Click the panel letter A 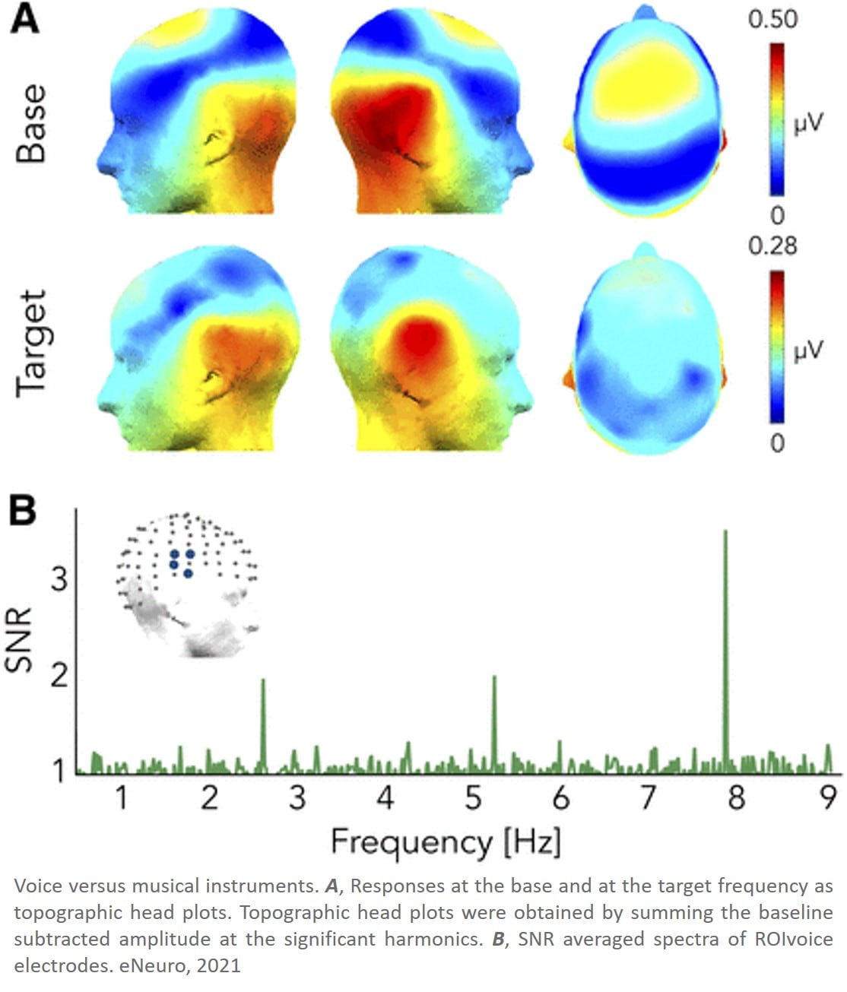click(x=24, y=21)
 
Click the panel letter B click(x=23, y=511)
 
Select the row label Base click(x=31, y=125)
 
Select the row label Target click(x=32, y=344)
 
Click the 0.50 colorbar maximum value click(x=772, y=21)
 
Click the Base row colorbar click(x=777, y=119)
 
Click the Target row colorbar click(x=777, y=347)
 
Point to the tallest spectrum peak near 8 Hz click(x=725, y=531)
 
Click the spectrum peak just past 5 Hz click(x=494, y=677)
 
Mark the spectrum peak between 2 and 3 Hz click(x=262, y=679)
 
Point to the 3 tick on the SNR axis click(x=59, y=580)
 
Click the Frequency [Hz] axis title click(x=446, y=843)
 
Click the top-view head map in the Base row click(x=645, y=111)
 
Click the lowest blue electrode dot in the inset click(x=188, y=573)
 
